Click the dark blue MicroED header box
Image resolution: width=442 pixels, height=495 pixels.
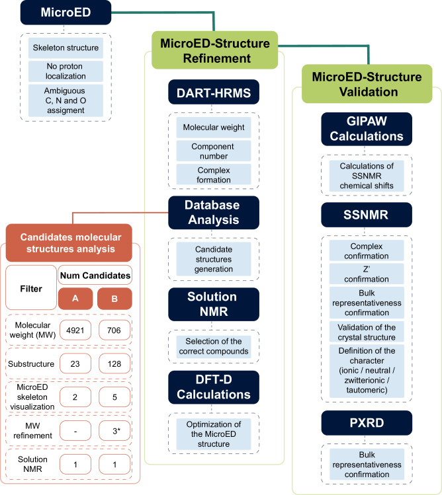tap(66, 13)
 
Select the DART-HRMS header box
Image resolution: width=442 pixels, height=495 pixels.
tap(214, 92)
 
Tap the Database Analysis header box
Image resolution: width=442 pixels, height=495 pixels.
tap(214, 212)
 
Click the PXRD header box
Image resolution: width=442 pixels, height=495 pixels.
tap(367, 423)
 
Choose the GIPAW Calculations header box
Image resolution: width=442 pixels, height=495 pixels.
tap(367, 129)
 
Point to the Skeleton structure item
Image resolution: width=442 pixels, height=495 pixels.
tap(66, 48)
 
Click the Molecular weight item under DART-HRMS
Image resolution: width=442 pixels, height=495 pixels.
tap(214, 128)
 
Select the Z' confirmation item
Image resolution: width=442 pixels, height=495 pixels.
tap(367, 274)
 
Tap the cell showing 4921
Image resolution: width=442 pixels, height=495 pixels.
tap(75, 330)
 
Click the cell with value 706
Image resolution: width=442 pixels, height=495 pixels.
tap(114, 330)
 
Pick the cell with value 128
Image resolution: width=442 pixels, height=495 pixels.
tap(114, 363)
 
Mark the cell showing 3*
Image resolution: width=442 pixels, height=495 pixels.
tap(114, 431)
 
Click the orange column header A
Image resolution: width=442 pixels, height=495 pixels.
tap(75, 298)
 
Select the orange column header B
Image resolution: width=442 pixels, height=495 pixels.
tap(114, 298)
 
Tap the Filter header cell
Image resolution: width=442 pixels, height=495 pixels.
tap(31, 287)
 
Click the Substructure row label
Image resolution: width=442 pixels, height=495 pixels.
tap(31, 364)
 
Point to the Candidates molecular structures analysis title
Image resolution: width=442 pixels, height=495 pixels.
tap(71, 243)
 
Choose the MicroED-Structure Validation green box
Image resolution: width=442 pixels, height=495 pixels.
tap(367, 84)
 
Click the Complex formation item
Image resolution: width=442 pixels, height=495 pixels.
tap(214, 174)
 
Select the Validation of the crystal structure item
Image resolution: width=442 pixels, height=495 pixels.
tap(367, 332)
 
